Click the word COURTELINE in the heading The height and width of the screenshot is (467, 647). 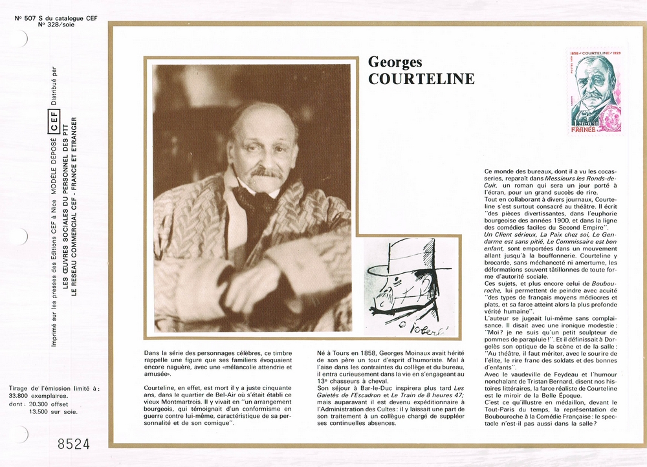tap(421, 79)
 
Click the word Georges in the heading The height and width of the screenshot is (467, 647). tap(395, 62)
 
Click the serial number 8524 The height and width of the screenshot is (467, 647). tap(74, 444)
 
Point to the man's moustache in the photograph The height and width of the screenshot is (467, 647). tap(266, 173)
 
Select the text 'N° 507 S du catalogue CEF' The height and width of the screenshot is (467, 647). tap(56, 18)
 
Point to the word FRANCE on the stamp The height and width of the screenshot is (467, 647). tap(583, 129)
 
